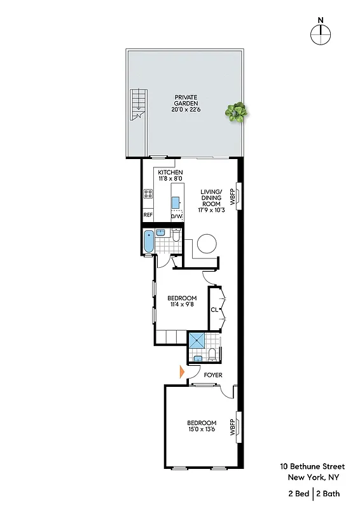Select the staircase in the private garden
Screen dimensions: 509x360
pyautogui.click(x=138, y=105)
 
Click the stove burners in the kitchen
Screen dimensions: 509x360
pyautogui.click(x=148, y=194)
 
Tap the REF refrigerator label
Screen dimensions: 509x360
pyautogui.click(x=148, y=215)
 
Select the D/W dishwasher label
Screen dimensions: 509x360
pyautogui.click(x=176, y=216)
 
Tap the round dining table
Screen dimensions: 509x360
pyautogui.click(x=207, y=244)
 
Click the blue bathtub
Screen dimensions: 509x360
pyautogui.click(x=148, y=242)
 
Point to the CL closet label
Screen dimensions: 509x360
pyautogui.click(x=214, y=310)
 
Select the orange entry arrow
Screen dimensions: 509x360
pyautogui.click(x=182, y=372)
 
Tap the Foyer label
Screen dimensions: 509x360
pyautogui.click(x=212, y=375)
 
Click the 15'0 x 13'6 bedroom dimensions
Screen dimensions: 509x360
pyautogui.click(x=202, y=431)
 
